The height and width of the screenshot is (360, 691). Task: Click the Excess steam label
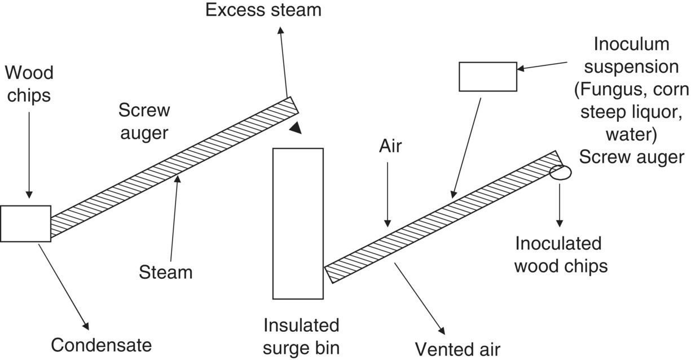coord(263,10)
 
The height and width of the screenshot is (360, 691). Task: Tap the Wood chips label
coord(29,84)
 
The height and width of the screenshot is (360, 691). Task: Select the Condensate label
coord(102,344)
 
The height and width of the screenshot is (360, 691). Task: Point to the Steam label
coord(166,272)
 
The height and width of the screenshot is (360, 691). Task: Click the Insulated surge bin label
coord(302,336)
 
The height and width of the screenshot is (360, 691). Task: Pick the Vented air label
coord(457,348)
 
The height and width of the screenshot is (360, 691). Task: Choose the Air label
coord(390,146)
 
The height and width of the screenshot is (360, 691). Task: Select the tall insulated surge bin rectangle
coord(298,223)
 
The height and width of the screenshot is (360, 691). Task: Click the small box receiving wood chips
coord(25,223)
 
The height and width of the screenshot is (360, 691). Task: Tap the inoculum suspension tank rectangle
coord(488,77)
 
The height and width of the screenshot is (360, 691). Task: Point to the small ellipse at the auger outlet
coord(560,173)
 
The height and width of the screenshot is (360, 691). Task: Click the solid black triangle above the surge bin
coord(296,128)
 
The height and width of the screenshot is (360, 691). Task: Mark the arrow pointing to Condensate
coord(65,286)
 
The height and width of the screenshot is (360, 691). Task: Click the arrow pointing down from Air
coord(388,192)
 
